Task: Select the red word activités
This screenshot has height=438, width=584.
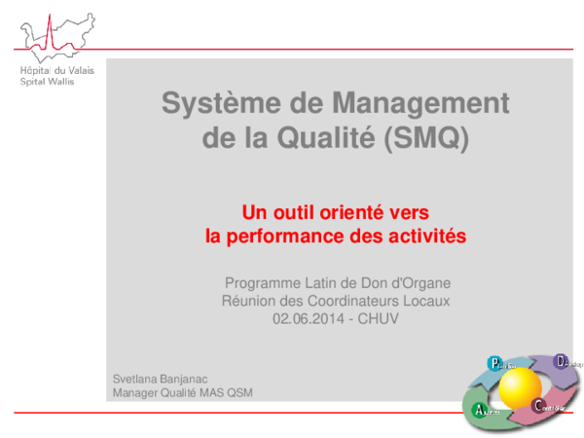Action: (x=426, y=236)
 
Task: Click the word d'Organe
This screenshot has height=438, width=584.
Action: (x=419, y=283)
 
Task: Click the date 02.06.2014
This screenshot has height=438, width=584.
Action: (x=308, y=318)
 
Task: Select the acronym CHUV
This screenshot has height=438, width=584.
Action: (x=380, y=318)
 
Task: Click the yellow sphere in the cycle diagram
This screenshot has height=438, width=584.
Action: (x=520, y=387)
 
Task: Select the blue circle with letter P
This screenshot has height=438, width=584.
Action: (x=495, y=364)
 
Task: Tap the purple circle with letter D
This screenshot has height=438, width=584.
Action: (x=561, y=362)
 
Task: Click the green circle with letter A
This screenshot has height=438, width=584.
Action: (x=479, y=411)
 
